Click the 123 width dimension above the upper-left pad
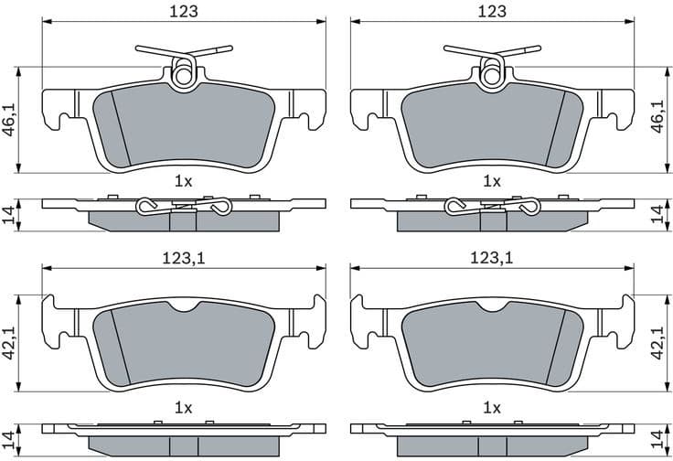coord(184,11)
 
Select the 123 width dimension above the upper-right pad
coord(492,11)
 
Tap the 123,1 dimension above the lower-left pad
coord(184,259)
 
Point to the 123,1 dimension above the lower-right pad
coord(492,259)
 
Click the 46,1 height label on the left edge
coord(10,119)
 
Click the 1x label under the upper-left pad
coord(184,181)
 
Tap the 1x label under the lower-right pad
coord(492,405)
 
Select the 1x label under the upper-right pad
coord(492,181)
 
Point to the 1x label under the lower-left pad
coord(184,405)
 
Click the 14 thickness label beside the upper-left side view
coord(10,215)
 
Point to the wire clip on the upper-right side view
coord(492,209)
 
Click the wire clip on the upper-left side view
coord(184,209)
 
